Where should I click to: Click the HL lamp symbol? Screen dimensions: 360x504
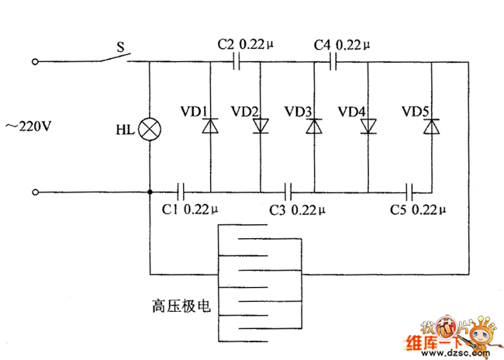coord(148,128)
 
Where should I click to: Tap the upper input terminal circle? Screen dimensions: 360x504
coord(34,61)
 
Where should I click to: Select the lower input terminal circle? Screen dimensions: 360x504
coord(34,191)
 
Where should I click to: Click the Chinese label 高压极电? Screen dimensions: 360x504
coord(181,305)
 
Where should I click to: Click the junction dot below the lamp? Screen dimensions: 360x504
coord(148,191)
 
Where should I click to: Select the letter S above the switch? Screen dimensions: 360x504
coord(120,47)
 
